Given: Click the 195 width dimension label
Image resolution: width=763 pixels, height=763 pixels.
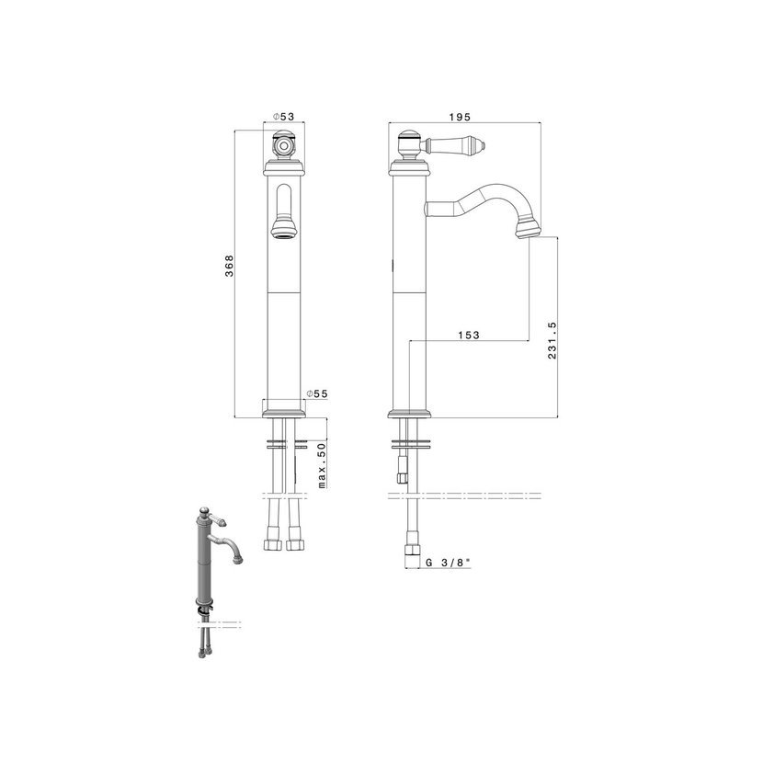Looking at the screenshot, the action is pyautogui.click(x=460, y=117).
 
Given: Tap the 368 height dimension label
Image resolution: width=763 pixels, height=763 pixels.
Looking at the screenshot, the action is pyautogui.click(x=229, y=266).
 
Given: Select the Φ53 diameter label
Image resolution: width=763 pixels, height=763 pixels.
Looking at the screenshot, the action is pyautogui.click(x=283, y=117).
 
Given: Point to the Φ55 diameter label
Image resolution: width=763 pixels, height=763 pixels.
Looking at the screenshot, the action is pyautogui.click(x=317, y=393).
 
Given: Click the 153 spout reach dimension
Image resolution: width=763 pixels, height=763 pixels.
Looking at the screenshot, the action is pyautogui.click(x=469, y=335).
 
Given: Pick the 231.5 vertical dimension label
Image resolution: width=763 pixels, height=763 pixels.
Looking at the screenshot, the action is pyautogui.click(x=552, y=340).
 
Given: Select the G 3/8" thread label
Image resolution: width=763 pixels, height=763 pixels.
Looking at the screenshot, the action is pyautogui.click(x=449, y=563).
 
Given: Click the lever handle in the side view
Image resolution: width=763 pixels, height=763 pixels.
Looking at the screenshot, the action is pyautogui.click(x=454, y=144).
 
